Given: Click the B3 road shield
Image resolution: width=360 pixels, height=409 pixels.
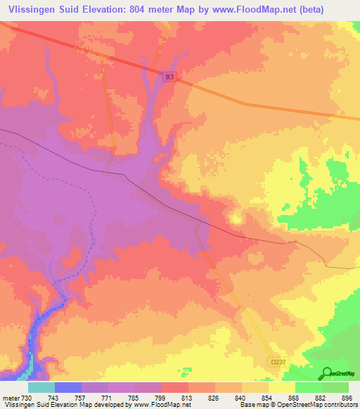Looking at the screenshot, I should pos(169,78).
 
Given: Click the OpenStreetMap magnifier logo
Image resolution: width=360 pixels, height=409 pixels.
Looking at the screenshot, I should pos(326,373).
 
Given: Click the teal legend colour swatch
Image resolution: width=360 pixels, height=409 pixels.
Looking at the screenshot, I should pos(41,387).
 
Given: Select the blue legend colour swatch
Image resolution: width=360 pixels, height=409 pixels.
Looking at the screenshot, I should pos(68,387).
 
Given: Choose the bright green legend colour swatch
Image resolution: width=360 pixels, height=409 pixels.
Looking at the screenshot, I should pos(309,387).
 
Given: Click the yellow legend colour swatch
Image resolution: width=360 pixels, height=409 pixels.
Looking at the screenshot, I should pos(282,387).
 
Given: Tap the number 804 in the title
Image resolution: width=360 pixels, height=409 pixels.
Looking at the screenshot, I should pos(150,10).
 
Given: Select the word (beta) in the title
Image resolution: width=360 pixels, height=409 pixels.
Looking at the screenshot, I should pos(337,10).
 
